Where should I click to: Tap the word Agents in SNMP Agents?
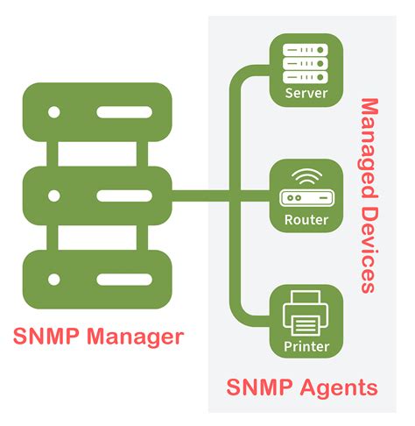tap(341, 387)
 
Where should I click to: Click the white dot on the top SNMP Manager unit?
tap(54, 113)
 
